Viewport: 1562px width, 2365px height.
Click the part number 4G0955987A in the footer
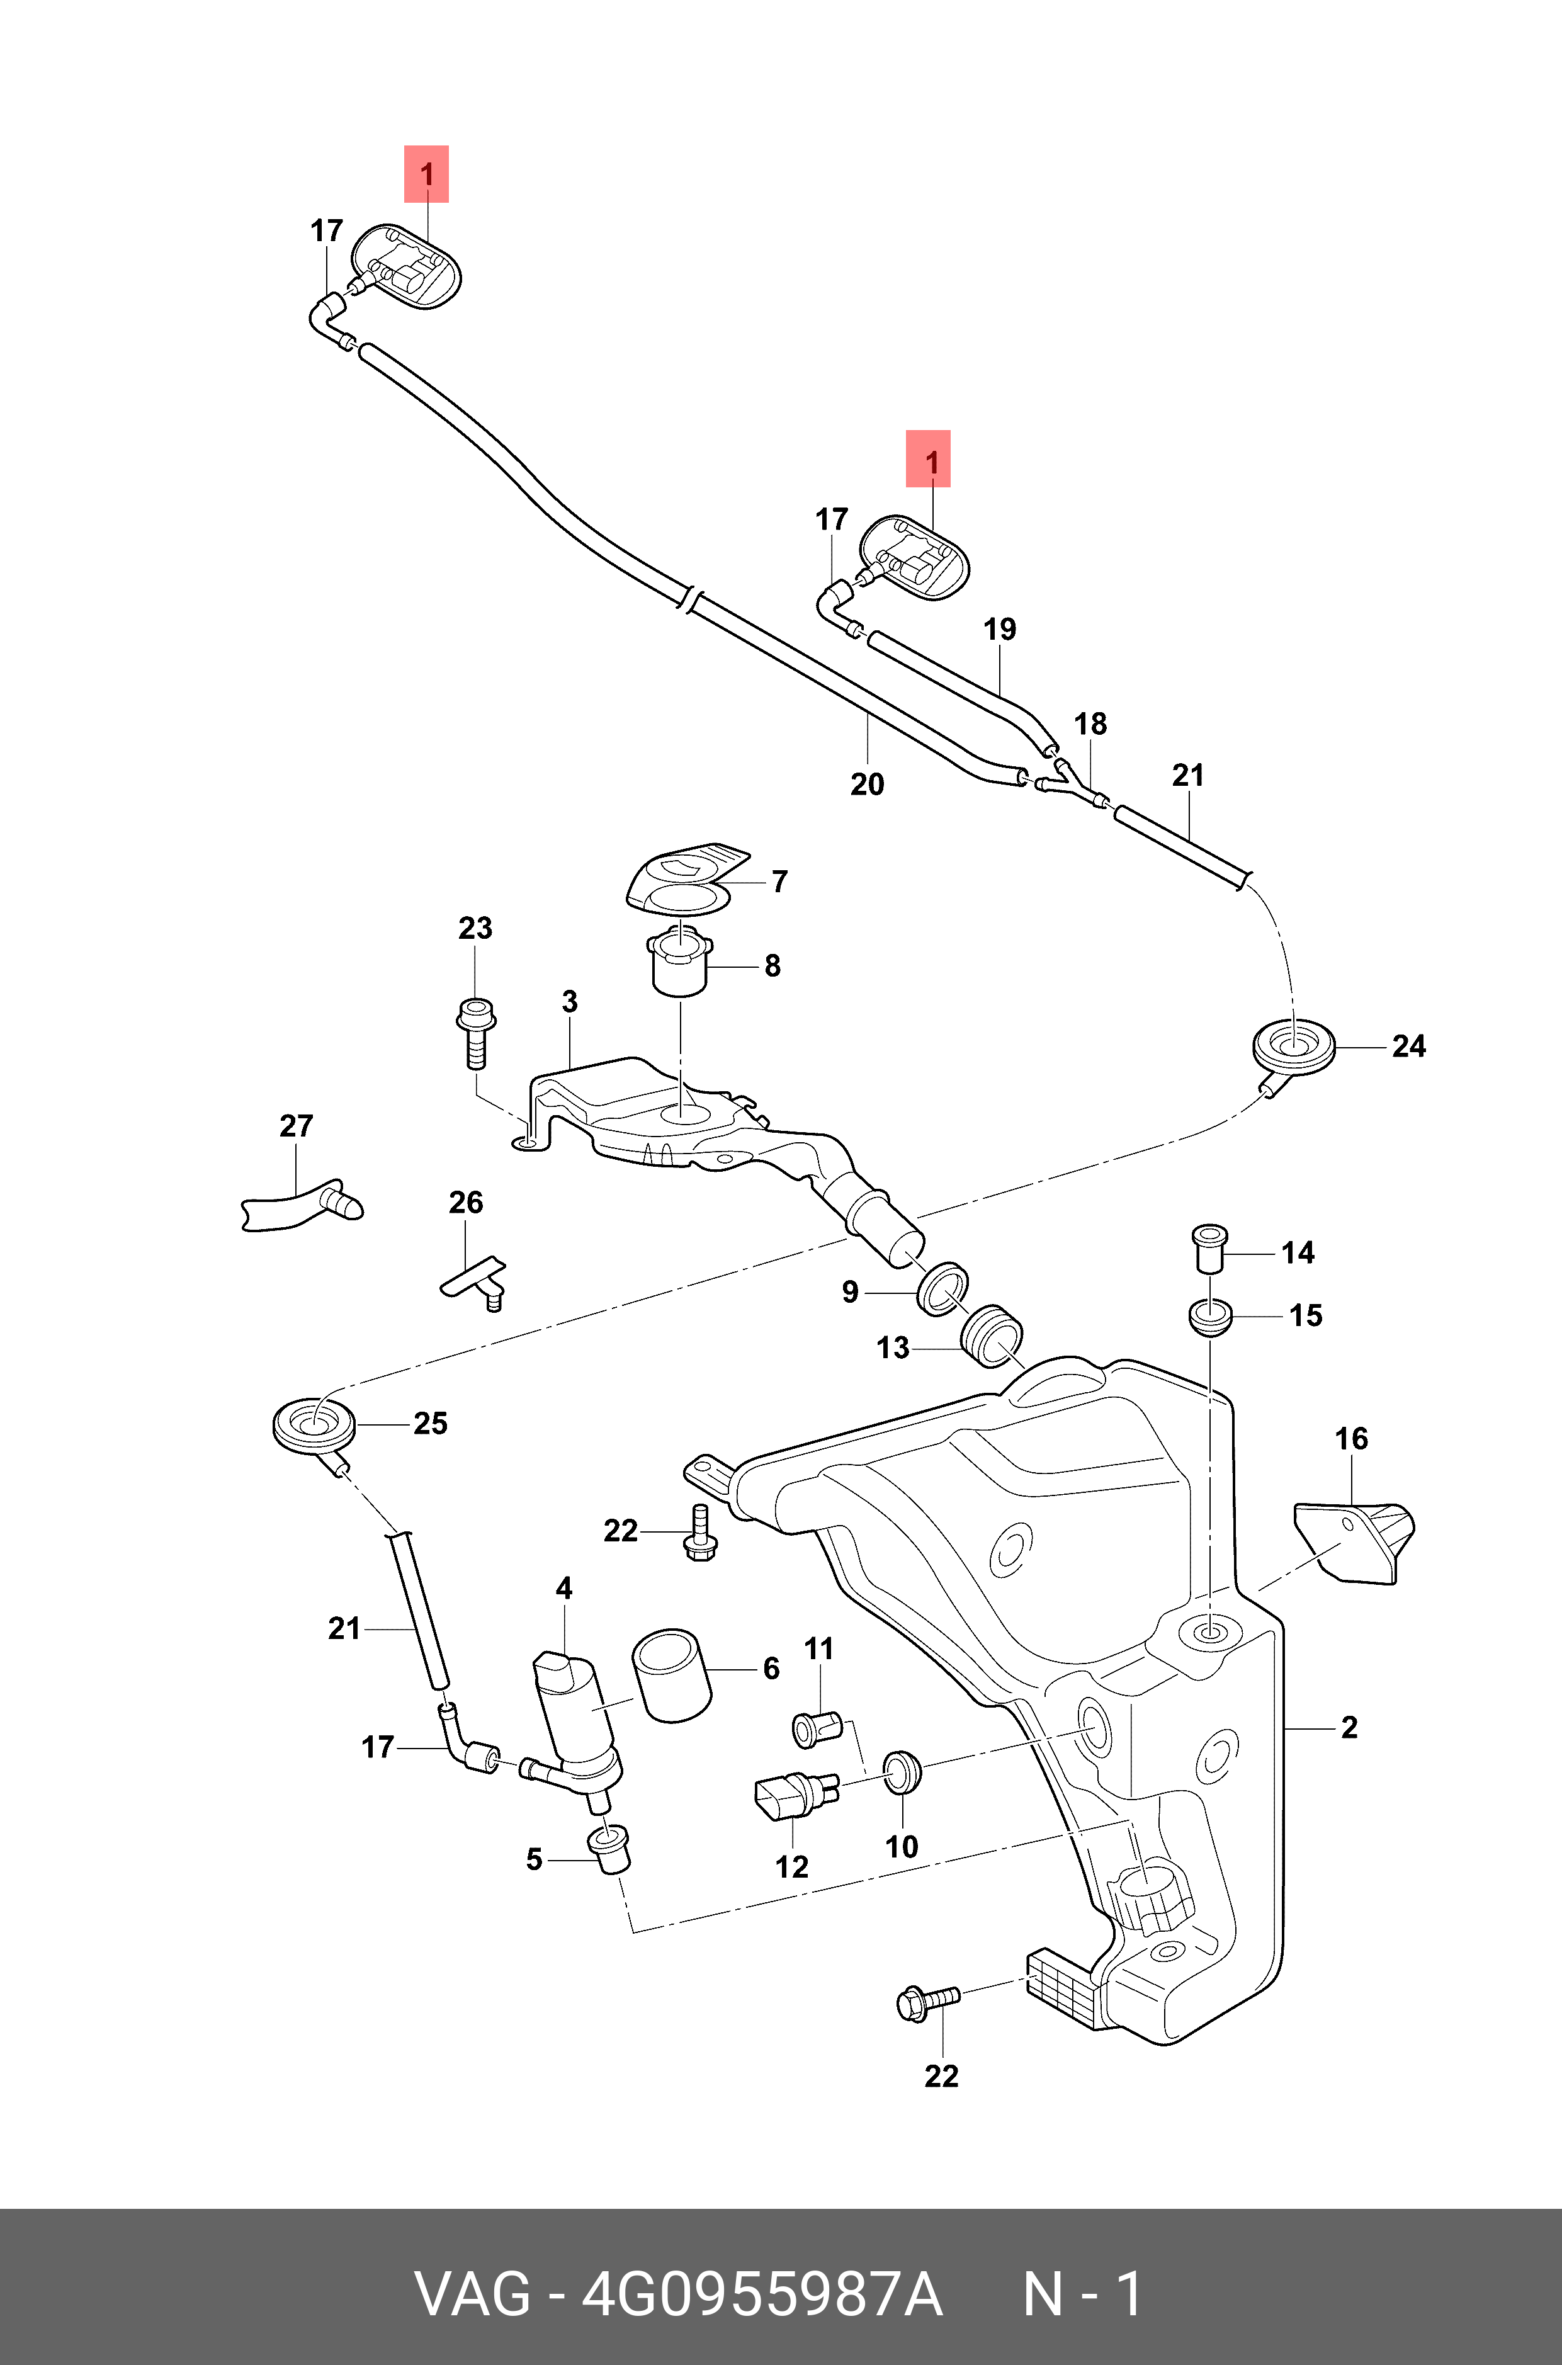761,2295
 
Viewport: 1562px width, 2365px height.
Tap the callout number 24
1408,1046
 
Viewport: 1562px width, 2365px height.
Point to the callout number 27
296,1126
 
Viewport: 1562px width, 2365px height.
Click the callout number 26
465,1203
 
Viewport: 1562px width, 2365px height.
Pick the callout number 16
1351,1439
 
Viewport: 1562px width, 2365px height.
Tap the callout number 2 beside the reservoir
1349,1727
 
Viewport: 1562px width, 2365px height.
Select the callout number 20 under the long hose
867,784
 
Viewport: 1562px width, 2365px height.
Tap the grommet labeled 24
1292,1046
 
